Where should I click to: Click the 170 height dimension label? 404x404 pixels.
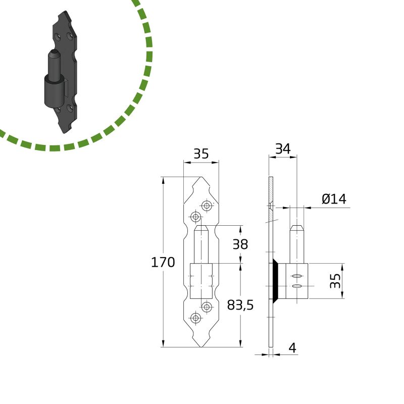coord(163,263)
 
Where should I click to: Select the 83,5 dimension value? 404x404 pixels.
coord(240,305)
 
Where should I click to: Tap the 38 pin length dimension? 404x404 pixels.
coord(240,244)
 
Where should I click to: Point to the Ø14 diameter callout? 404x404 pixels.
coord(334,199)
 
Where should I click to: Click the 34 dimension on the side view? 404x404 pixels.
coord(283,148)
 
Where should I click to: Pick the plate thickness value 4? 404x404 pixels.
coord(292,348)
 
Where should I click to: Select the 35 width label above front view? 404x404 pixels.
coord(201,154)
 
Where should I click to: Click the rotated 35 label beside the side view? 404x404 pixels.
coord(335,281)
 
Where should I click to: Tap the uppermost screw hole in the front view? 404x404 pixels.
coord(207,206)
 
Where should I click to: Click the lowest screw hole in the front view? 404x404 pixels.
coord(196,318)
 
